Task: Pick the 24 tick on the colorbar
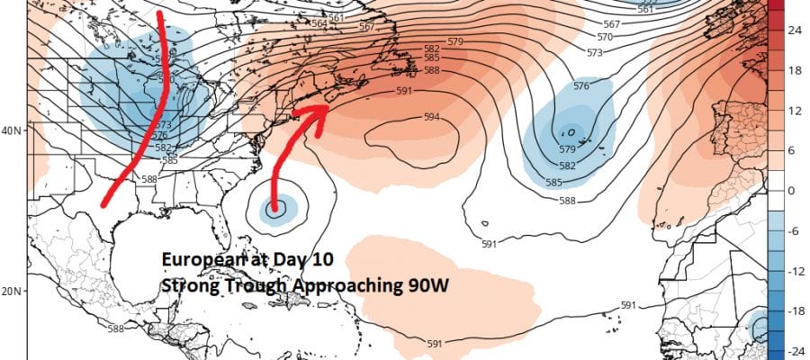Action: [x=796, y=30]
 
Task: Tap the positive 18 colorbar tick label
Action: [x=796, y=70]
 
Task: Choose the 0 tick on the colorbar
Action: [x=792, y=191]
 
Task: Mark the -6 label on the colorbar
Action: [x=794, y=230]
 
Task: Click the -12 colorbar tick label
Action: [x=796, y=271]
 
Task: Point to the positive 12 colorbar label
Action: [x=796, y=111]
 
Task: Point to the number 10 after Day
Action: [x=322, y=259]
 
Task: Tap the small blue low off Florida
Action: [x=274, y=210]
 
